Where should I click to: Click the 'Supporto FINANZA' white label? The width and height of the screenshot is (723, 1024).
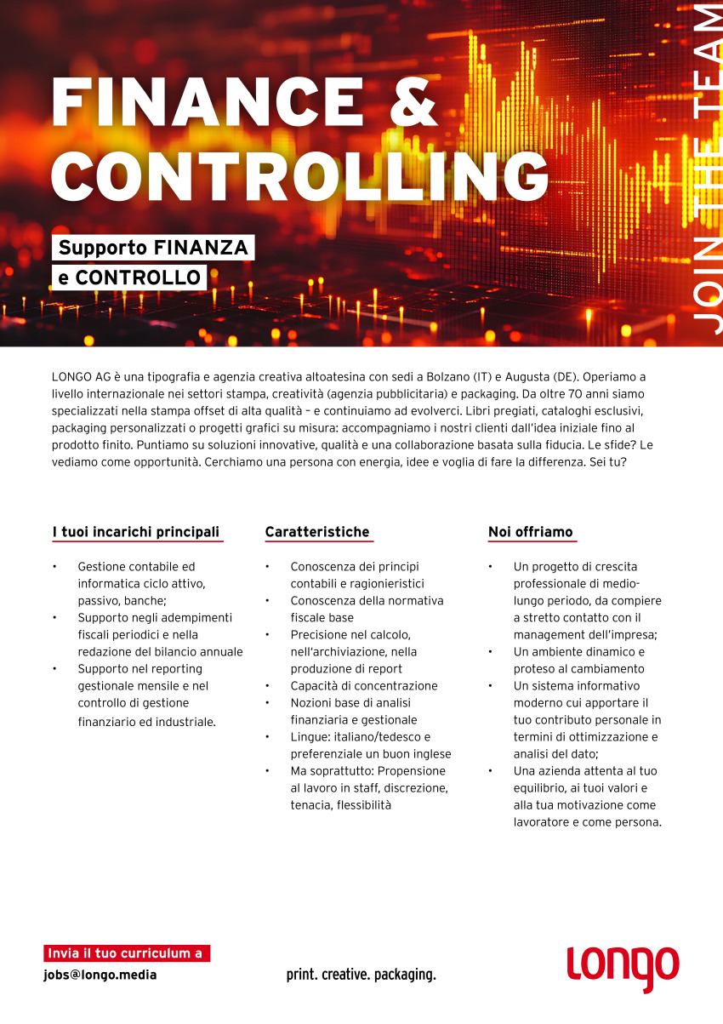coord(153,248)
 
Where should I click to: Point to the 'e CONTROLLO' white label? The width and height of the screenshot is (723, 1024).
coord(129,277)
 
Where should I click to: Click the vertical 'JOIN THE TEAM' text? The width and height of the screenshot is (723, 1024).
coord(706,170)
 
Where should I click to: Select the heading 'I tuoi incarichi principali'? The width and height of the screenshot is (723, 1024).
coord(136,532)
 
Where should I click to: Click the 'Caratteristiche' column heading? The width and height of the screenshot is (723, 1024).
coord(317,532)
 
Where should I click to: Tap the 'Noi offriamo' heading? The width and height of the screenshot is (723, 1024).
coord(531,532)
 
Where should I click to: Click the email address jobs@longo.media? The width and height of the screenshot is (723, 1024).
coord(100,975)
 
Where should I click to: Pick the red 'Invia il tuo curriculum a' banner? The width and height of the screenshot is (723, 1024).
coord(126,953)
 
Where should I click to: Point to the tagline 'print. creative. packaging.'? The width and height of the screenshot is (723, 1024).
coord(361,975)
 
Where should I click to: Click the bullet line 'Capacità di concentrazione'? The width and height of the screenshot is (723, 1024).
coord(364,685)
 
